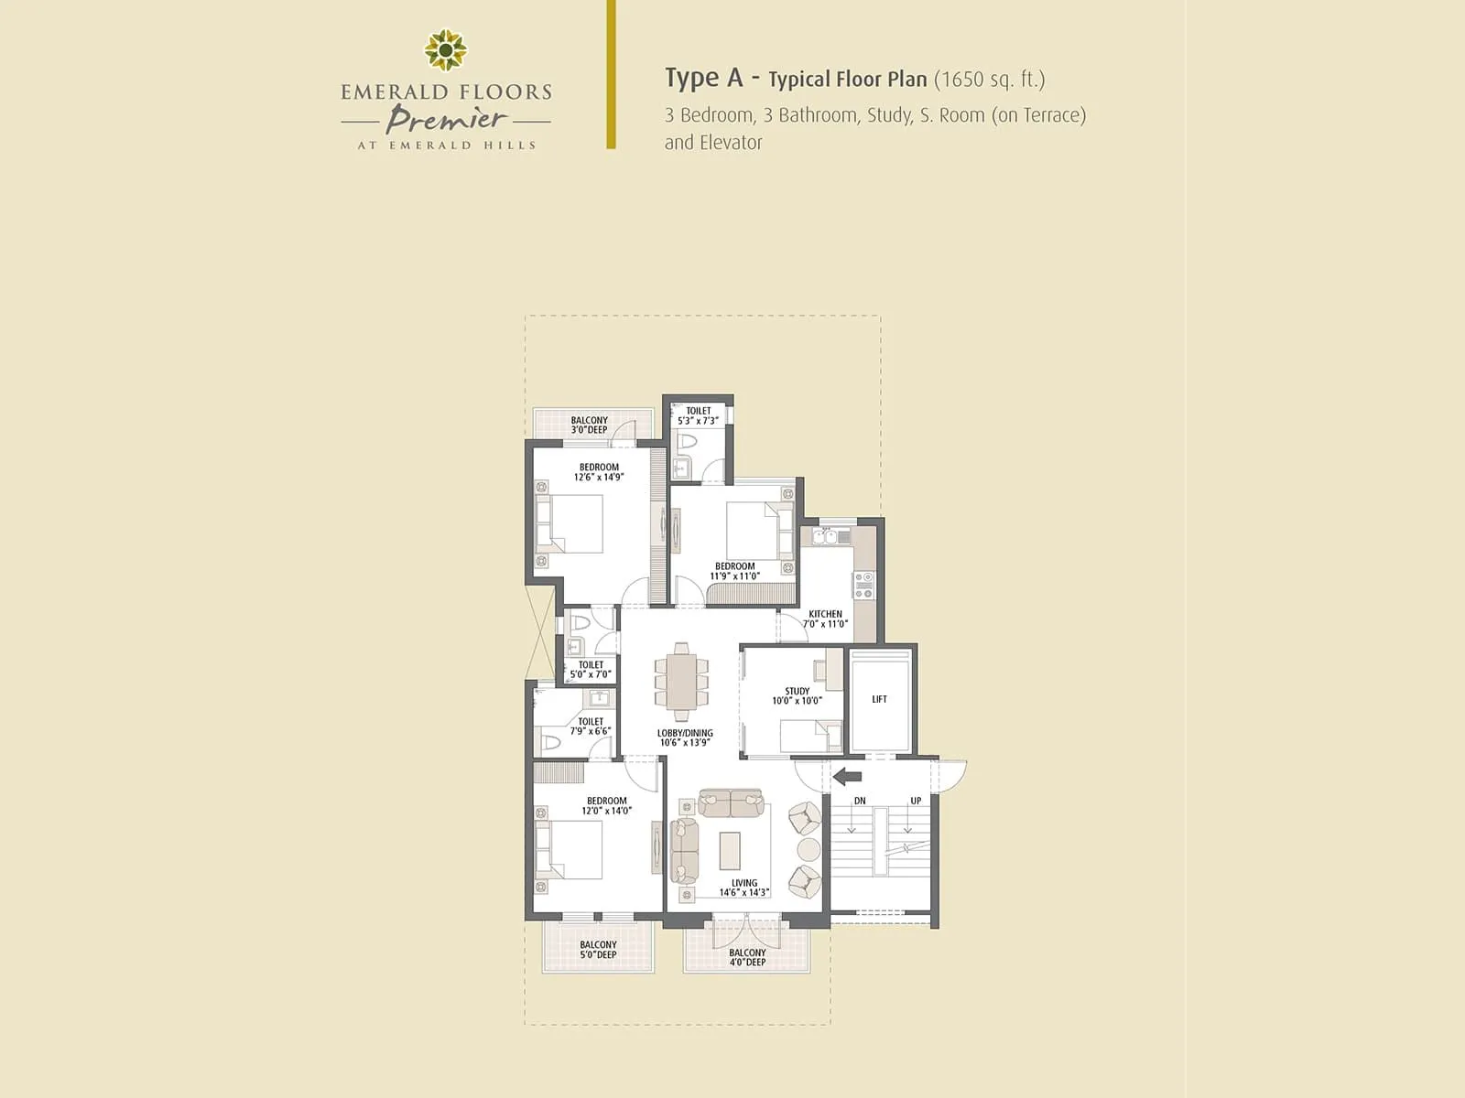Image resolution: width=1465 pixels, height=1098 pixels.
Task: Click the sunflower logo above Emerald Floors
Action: tap(446, 49)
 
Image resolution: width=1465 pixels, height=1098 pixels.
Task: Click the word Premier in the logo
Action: tap(446, 119)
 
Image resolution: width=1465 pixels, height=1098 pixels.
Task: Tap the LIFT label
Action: tap(879, 700)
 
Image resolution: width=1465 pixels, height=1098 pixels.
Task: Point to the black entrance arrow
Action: tap(848, 777)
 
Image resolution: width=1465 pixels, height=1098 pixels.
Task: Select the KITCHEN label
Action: tap(825, 615)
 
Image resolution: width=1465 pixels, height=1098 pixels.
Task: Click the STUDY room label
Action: tap(797, 692)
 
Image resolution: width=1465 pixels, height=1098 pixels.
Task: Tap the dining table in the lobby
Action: tap(681, 683)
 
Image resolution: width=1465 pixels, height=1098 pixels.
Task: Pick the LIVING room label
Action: tap(743, 883)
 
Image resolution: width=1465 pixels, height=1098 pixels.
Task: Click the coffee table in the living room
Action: tap(730, 850)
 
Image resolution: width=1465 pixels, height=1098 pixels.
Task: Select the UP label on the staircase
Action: tap(916, 801)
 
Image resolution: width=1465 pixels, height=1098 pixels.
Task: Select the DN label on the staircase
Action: tap(860, 801)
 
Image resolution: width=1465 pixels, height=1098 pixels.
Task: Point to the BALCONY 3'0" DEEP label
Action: tap(590, 425)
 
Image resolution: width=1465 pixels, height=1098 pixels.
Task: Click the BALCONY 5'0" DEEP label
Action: tap(598, 950)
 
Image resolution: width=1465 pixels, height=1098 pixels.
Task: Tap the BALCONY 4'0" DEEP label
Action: tap(747, 957)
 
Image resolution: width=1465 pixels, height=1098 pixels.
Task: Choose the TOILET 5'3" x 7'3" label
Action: tap(699, 416)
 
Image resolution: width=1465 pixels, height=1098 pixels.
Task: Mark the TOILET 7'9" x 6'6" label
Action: tap(591, 727)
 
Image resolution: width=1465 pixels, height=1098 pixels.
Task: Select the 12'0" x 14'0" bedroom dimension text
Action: tap(607, 811)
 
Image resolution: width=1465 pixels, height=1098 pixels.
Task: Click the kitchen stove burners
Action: tap(863, 585)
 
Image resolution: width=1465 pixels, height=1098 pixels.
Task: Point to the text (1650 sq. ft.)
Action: tap(989, 80)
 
